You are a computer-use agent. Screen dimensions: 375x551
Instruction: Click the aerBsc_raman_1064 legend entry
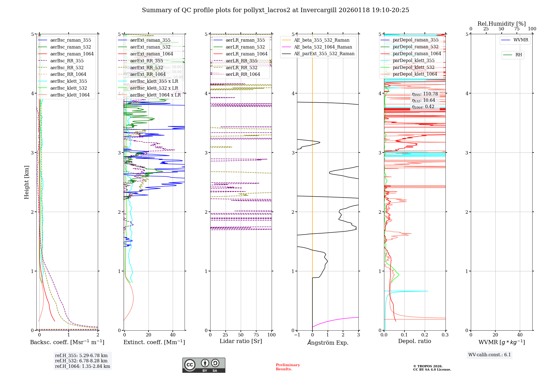pos(72,54)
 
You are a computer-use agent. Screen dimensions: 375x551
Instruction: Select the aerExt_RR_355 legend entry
pos(146,61)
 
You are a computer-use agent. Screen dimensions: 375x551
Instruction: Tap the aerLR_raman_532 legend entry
pos(245,47)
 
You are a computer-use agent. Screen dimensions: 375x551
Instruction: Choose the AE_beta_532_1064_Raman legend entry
pos(323,47)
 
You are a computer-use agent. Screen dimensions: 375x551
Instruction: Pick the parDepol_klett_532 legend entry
pos(414,67)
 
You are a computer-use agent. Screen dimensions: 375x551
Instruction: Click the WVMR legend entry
pos(521,40)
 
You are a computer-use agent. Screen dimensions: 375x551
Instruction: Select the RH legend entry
pos(518,55)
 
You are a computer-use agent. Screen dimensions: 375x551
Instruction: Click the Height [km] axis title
pos(26,182)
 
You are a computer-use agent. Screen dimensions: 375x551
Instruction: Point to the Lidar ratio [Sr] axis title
pos(241,341)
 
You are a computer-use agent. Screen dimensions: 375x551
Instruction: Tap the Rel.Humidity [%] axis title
pos(501,24)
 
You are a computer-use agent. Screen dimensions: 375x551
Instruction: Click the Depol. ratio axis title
pos(414,341)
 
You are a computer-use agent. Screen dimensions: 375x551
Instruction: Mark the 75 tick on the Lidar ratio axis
pos(256,335)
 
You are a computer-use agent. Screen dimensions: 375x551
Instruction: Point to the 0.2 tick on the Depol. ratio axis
pos(425,335)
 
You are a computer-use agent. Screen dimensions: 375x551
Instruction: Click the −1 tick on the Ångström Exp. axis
pos(297,335)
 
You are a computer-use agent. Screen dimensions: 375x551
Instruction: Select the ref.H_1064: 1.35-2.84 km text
pos(82,366)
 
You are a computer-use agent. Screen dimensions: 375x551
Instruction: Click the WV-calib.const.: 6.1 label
pos(490,355)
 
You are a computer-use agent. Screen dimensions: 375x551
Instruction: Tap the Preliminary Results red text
pos(288,367)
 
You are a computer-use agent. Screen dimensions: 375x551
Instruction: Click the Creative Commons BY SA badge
pos(204,365)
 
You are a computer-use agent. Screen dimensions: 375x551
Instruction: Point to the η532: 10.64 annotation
pos(423,100)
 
